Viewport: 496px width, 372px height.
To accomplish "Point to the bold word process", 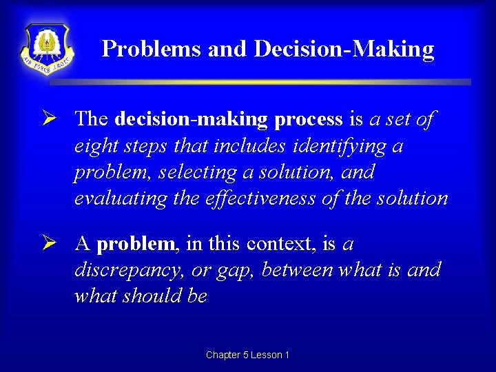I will tap(308, 119).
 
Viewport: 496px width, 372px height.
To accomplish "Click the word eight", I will tap(95, 146).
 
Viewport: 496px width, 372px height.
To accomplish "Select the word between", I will tap(298, 270).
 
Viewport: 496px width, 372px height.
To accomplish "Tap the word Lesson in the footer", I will tap(266, 355).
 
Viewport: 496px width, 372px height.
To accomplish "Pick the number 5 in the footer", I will tap(246, 355).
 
